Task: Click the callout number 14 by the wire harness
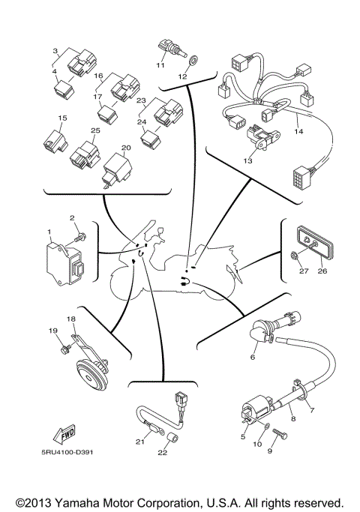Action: [298, 132]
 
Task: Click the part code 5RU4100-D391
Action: [68, 452]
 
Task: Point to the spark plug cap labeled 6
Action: [259, 332]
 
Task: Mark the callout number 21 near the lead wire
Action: [139, 442]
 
